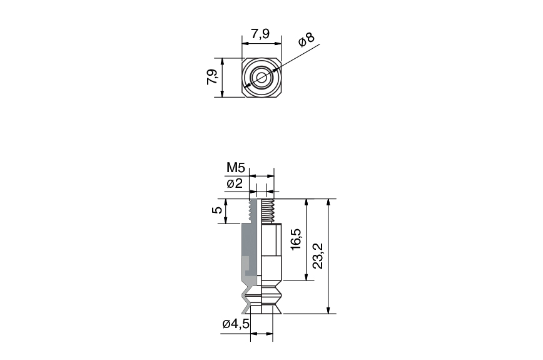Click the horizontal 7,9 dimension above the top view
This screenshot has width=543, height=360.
pyautogui.click(x=260, y=34)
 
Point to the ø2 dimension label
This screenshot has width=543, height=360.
pyautogui.click(x=235, y=183)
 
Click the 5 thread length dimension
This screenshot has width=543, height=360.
pyautogui.click(x=217, y=211)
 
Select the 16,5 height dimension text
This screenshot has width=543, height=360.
pyautogui.click(x=297, y=240)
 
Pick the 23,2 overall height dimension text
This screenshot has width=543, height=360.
pyautogui.click(x=318, y=255)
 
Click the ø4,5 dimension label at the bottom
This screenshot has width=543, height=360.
pyautogui.click(x=236, y=324)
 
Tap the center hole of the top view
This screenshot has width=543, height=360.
pyautogui.click(x=260, y=78)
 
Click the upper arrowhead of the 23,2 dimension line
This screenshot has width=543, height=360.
pyautogui.click(x=329, y=203)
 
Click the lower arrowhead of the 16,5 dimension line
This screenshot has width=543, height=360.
pyautogui.click(x=307, y=277)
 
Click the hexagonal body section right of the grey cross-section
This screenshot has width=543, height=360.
pyautogui.click(x=269, y=250)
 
